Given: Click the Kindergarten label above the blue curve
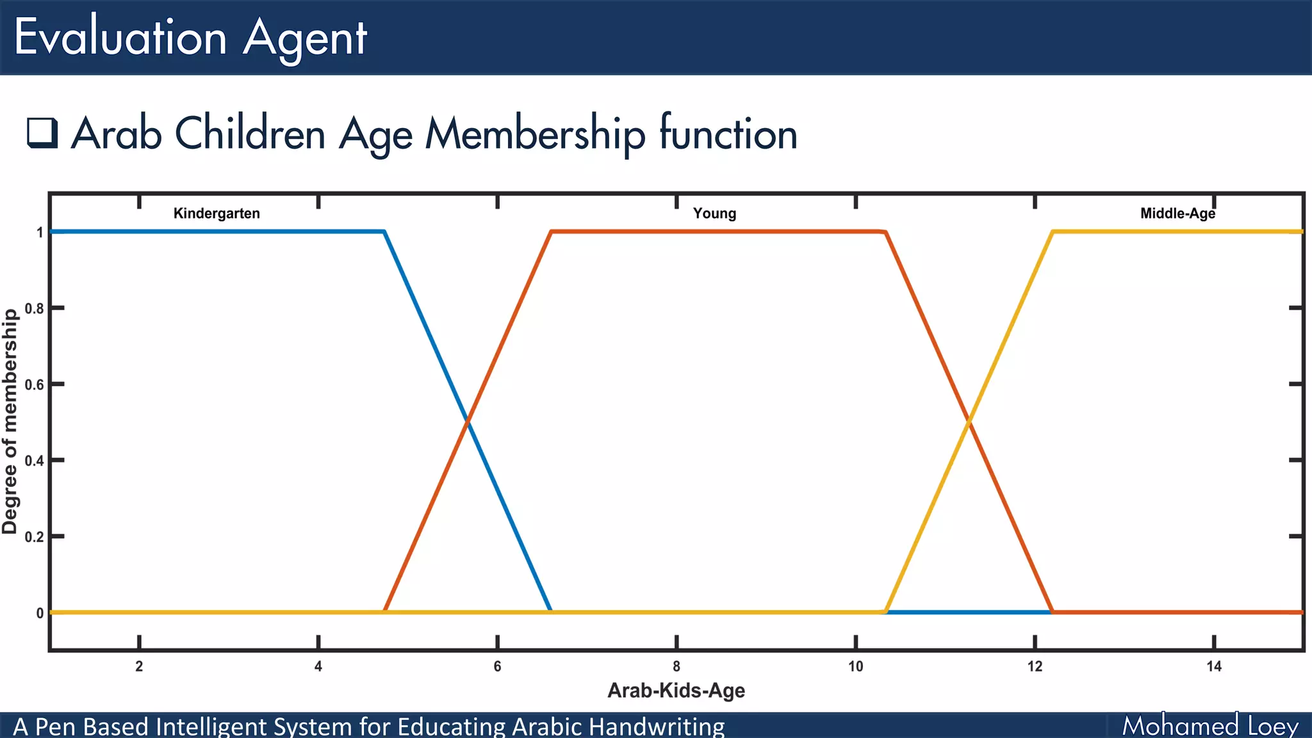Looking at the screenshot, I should pos(217,213).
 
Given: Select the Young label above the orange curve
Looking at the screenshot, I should pos(714,213).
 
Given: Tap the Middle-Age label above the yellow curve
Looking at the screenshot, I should pos(1177,213).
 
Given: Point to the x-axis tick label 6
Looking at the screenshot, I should pos(497,666).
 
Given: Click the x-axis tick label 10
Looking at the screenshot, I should pos(855,666).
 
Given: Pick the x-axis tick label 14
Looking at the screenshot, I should pos(1213,666).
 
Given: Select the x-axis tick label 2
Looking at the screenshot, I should pos(139,666).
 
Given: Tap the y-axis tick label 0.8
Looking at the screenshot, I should pos(35,309).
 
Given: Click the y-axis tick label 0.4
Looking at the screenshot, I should pos(35,461).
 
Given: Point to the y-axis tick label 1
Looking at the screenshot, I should pos(40,233).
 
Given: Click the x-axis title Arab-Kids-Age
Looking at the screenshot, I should pos(676,691).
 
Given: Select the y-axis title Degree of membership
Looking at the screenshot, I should pos(10,422).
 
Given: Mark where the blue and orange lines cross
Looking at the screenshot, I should pos(468,421).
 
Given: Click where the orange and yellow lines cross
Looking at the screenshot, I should pos(969,421).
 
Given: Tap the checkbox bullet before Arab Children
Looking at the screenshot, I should pos(42,133).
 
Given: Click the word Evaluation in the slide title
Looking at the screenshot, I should pos(120,37).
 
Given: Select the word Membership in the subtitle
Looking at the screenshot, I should pos(536,134).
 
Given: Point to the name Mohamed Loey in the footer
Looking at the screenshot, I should pos(1210,726).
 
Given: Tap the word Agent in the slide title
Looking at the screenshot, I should pos(304,38).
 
